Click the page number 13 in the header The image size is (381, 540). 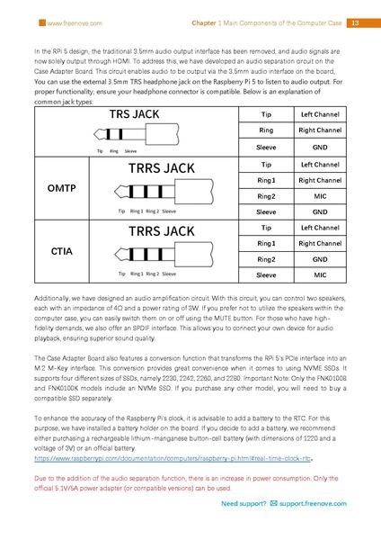tap(355, 22)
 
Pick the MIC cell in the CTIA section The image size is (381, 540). tap(321, 273)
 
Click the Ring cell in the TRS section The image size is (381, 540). tap(267, 130)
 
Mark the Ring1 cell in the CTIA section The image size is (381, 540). tap(267, 243)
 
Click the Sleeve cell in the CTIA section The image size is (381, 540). tap(267, 273)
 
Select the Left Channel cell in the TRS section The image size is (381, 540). tap(321, 115)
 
